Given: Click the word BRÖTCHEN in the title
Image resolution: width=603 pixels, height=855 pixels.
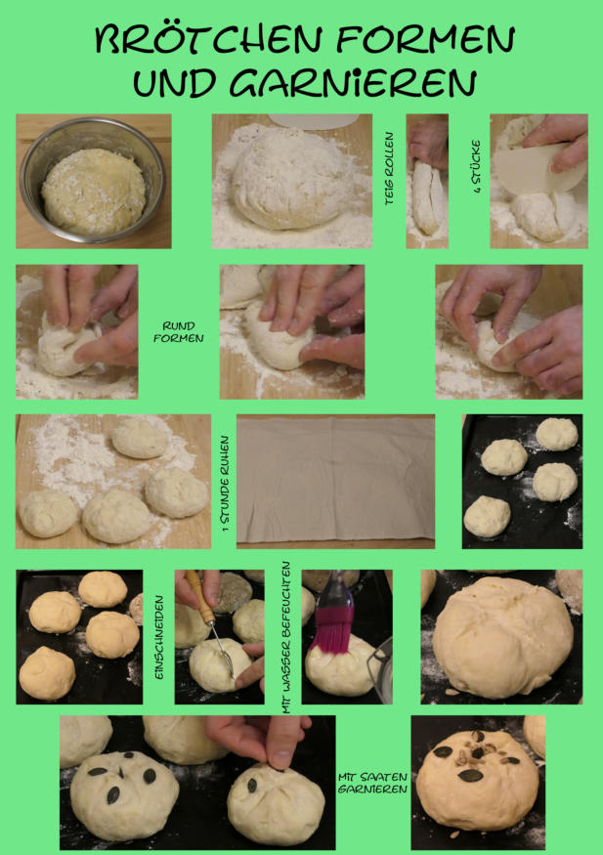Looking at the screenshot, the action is [208, 39].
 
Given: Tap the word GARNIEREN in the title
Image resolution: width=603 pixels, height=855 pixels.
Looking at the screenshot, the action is [352, 83].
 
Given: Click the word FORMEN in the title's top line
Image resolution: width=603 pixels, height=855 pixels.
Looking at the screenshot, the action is [425, 39].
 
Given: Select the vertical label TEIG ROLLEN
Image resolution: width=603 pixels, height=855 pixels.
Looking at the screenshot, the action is [389, 168].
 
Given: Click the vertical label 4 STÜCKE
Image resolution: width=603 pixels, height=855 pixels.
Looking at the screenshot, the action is [476, 167].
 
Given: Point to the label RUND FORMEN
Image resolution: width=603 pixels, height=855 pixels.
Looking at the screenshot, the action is [178, 332].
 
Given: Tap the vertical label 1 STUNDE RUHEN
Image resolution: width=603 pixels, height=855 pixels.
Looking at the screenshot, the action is [225, 483].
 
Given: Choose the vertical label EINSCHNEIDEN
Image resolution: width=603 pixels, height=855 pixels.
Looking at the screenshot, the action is [159, 637].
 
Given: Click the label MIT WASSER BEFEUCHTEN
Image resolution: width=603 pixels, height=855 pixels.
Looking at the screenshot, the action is [286, 637].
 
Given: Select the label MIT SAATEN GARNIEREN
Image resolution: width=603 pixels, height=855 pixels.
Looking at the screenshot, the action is [372, 783].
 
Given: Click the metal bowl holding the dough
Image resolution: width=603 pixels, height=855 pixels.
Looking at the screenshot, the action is [93, 180].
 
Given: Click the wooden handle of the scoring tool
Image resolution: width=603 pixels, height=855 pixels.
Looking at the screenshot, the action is [199, 597].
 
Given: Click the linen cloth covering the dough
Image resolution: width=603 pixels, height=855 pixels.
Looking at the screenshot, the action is [336, 479].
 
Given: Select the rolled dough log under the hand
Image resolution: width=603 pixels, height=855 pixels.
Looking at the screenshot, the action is [427, 197].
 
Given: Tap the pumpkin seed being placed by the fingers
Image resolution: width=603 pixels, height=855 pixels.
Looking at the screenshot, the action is [252, 786].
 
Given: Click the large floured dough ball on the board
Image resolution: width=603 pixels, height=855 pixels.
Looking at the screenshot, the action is [291, 179].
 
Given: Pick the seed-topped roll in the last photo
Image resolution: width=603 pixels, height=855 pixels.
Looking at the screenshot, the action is [477, 779].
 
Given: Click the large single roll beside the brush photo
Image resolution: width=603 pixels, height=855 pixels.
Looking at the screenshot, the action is [502, 638].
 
